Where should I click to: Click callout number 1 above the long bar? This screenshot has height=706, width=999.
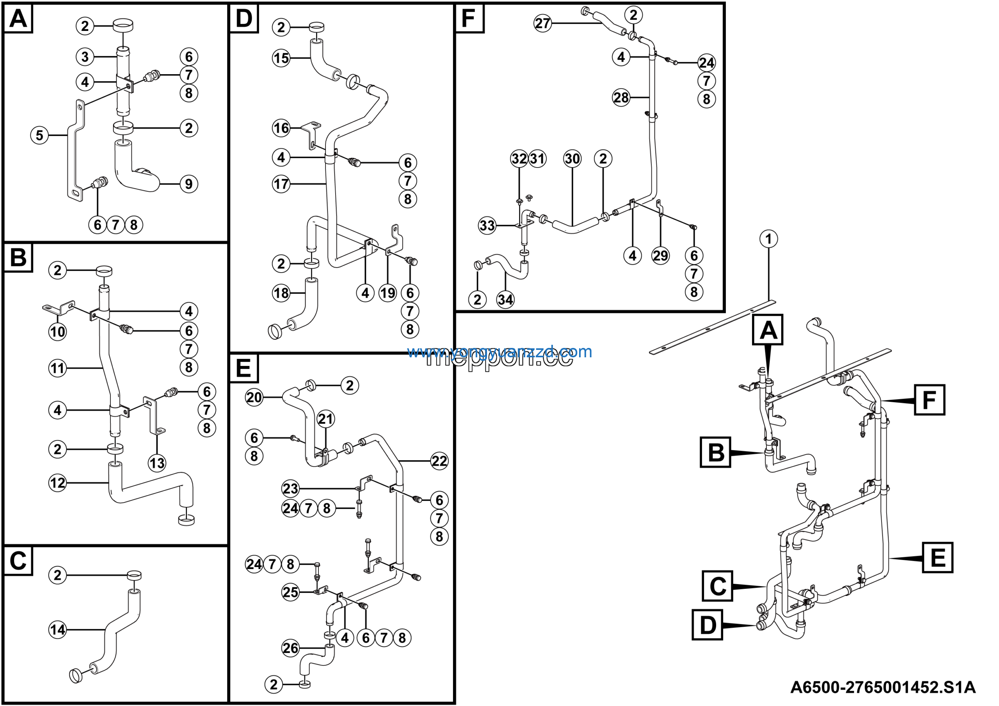pos(768,239)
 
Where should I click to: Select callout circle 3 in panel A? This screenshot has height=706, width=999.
pos(85,57)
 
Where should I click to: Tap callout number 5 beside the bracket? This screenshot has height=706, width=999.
pos(39,135)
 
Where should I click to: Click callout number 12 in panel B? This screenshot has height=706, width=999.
pos(57,483)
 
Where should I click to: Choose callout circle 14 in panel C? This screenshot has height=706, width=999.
pos(57,629)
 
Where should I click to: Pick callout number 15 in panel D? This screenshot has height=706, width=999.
pos(281,58)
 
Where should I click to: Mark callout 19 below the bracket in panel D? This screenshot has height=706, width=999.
pos(387,293)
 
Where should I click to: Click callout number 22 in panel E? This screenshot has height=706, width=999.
pos(439,461)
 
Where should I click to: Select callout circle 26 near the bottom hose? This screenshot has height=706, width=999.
pos(290,648)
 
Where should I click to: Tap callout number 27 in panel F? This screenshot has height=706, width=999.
pos(542,23)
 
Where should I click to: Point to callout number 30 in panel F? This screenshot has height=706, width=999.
pos(572,159)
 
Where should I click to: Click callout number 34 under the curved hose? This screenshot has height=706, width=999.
pos(505,300)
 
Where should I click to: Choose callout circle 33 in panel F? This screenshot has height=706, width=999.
pos(487,225)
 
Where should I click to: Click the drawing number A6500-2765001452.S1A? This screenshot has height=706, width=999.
pos(882,687)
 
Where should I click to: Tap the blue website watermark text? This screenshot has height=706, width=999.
pos(499,352)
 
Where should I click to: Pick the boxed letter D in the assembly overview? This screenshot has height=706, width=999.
pos(707,625)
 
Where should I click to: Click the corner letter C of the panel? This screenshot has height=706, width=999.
pos(18,561)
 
